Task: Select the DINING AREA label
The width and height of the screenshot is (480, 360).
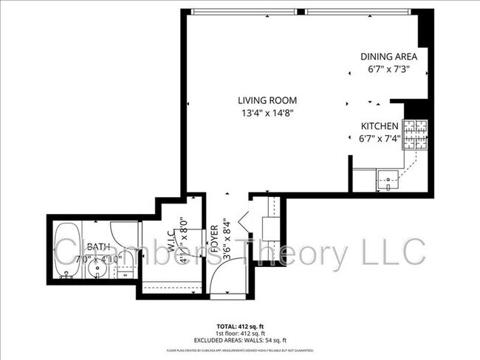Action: [x=389, y=57]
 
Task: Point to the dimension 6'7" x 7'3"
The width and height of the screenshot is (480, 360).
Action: [x=389, y=70]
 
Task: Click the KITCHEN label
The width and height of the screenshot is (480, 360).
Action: [x=380, y=126]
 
